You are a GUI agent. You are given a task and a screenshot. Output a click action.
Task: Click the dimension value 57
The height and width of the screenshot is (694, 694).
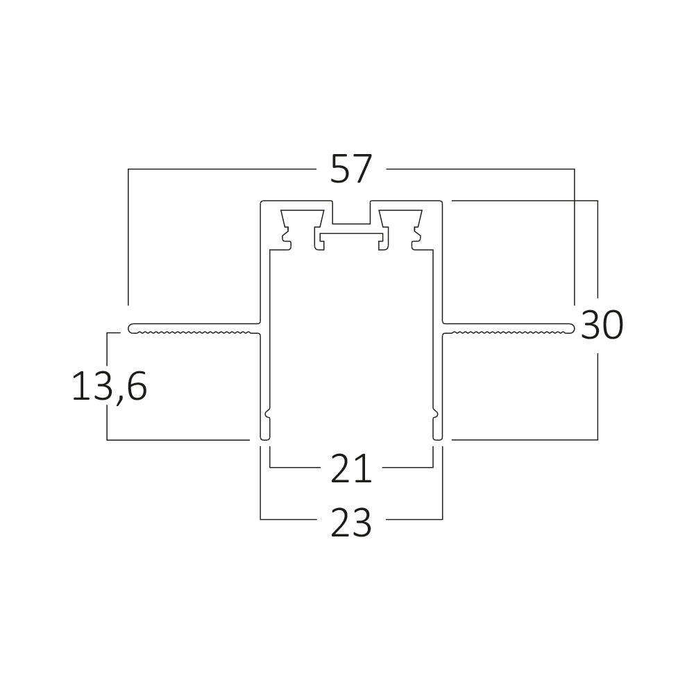(351, 169)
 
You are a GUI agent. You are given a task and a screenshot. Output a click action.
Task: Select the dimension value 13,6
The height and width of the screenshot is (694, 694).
(109, 387)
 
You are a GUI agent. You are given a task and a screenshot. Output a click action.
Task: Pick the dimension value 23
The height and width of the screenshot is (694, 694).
(351, 523)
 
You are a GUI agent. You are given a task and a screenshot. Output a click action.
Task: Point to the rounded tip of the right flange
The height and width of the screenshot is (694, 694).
(571, 328)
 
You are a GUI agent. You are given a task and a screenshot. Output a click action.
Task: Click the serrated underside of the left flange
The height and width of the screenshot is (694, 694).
(194, 332)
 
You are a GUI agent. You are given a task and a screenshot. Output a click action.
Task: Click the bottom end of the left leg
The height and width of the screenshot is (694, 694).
(264, 437)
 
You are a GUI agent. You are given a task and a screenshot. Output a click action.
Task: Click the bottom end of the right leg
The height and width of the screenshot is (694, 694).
(438, 437)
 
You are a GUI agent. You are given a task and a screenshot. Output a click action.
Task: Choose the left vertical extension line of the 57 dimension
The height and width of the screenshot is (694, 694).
(128, 236)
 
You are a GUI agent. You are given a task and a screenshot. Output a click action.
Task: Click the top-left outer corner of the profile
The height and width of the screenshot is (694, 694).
(262, 202)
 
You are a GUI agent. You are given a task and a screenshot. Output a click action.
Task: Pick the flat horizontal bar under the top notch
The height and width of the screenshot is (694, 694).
(351, 236)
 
